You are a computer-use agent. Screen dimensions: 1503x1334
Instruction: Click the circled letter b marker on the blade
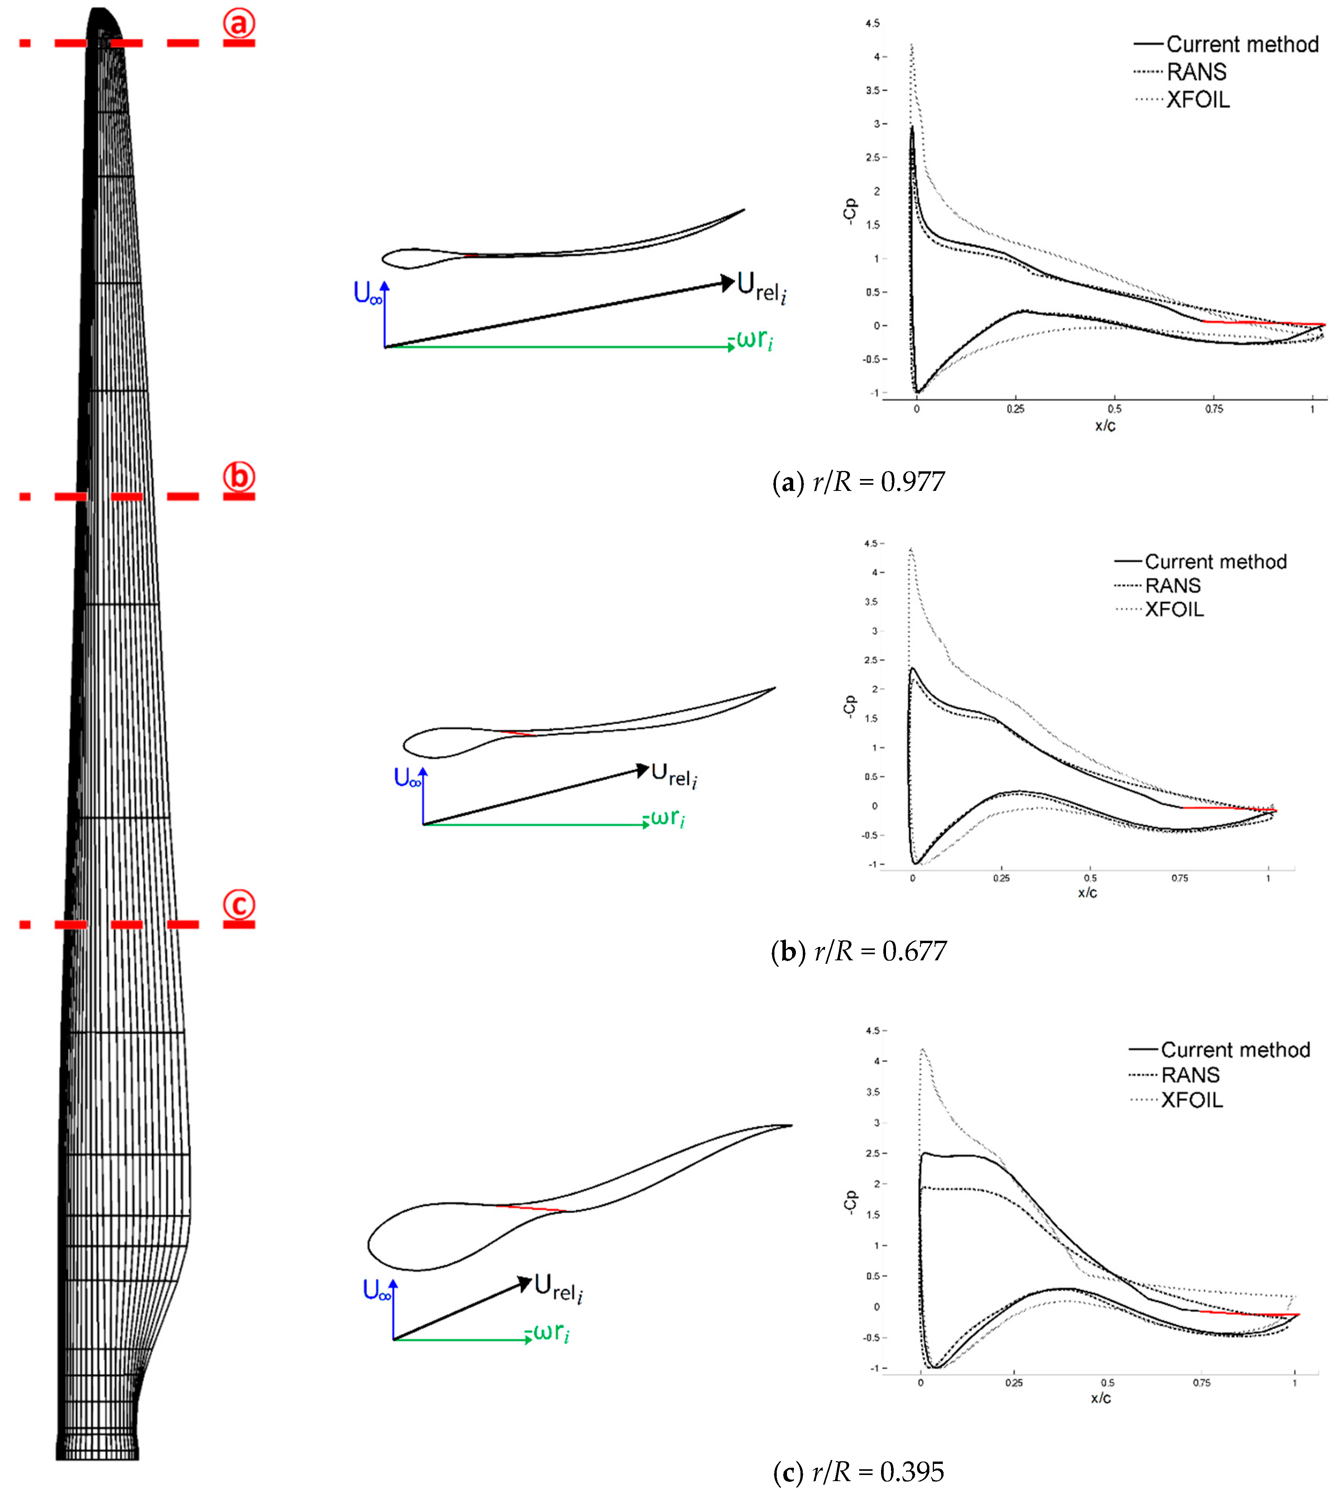[x=239, y=476]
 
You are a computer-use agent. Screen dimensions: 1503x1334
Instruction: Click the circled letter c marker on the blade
[x=239, y=904]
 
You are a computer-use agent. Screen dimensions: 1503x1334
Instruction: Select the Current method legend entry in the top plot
[x=1241, y=44]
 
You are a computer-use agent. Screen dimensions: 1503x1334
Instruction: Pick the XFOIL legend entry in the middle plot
[x=1174, y=609]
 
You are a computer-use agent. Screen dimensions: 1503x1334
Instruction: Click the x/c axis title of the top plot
[x=1105, y=426]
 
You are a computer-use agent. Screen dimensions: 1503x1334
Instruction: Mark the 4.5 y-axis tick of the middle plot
[x=871, y=543]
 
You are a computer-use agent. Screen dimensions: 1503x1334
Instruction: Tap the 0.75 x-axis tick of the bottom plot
[x=1202, y=1383]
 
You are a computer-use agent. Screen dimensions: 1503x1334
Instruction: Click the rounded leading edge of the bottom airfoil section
[x=369, y=1244]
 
